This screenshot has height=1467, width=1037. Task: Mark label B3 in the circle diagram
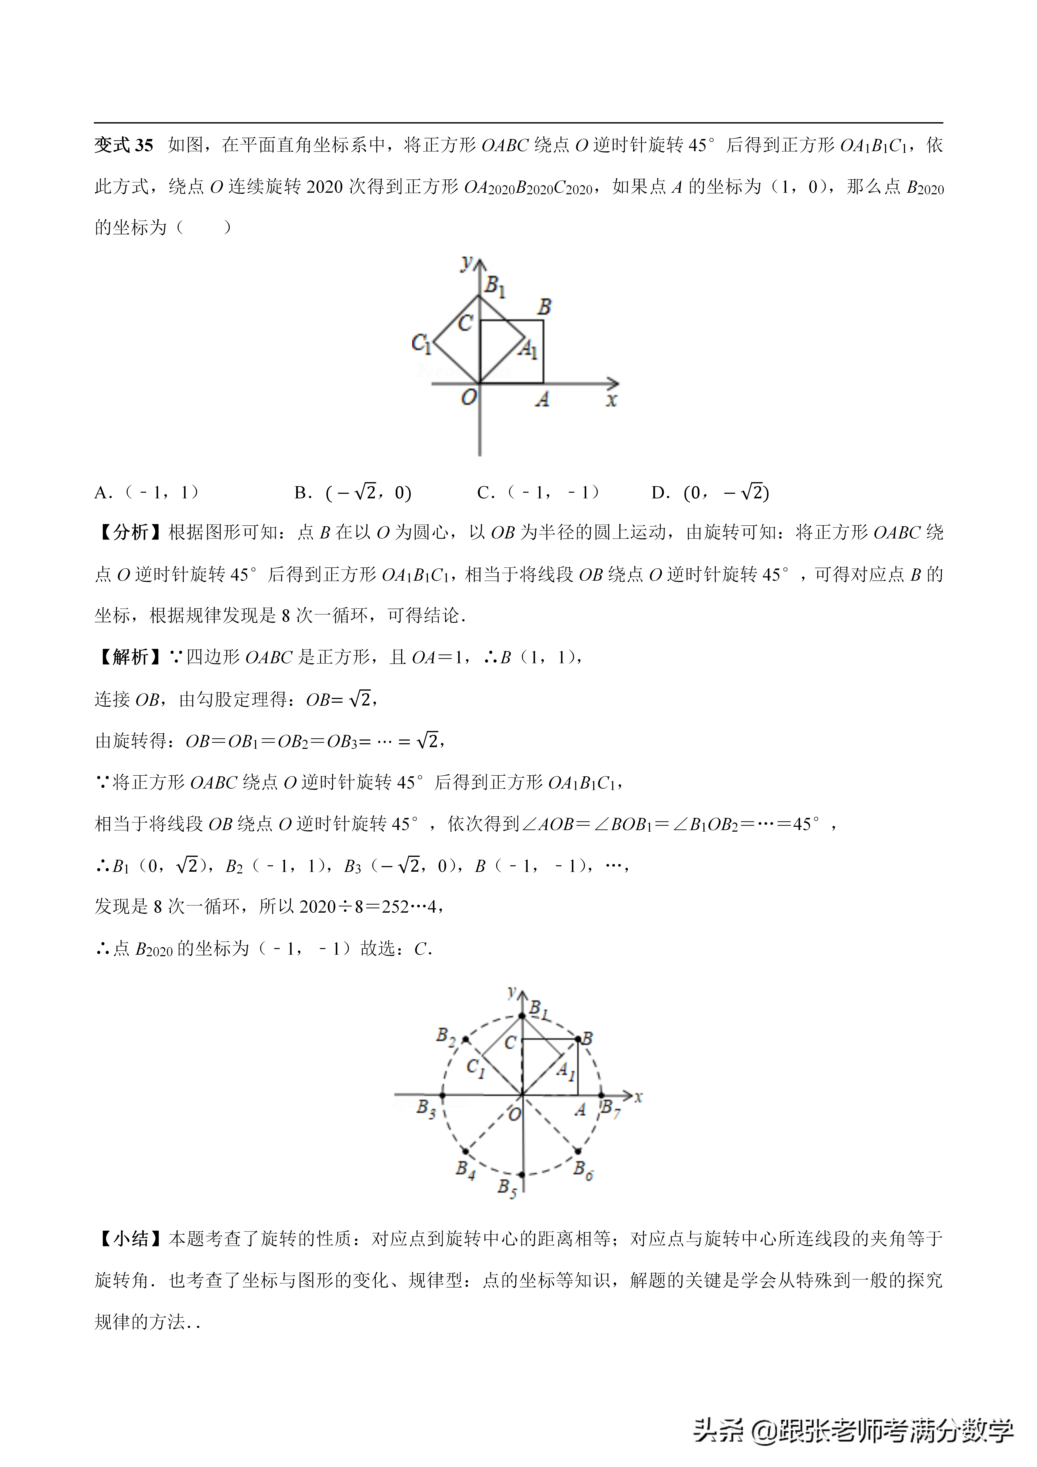pyautogui.click(x=426, y=1107)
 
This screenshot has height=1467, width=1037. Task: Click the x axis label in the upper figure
pyautogui.click(x=611, y=401)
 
